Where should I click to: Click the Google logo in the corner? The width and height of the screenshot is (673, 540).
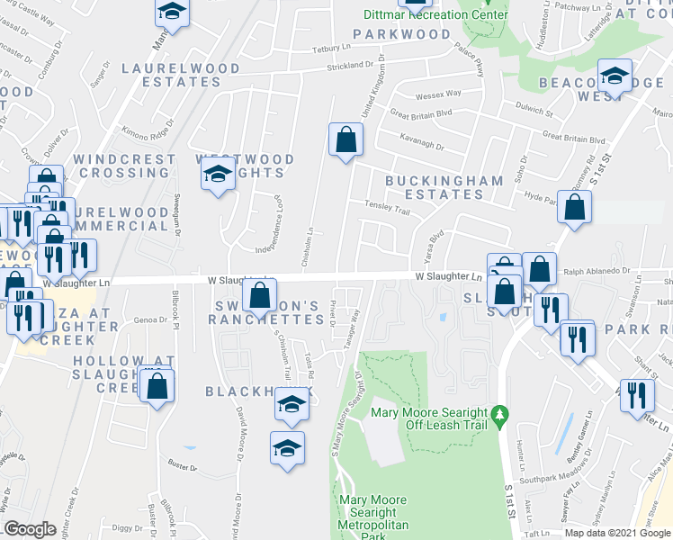30,529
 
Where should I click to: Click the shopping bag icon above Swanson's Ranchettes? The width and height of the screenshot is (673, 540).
259,293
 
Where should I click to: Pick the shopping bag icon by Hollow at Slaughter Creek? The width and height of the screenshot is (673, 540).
157,385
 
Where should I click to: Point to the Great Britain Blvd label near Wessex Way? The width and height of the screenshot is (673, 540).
419,113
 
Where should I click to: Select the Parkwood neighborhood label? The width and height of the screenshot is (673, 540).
401,34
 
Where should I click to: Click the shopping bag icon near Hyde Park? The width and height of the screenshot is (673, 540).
574,207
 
